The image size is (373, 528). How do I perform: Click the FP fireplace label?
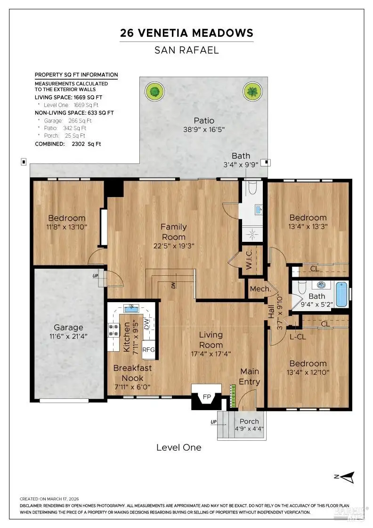pyautogui.click(x=207, y=396)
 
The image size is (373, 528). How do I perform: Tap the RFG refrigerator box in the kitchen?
pyautogui.click(x=148, y=349)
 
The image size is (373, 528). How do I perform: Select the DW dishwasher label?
pyautogui.click(x=146, y=324)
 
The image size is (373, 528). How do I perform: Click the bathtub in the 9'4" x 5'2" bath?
pyautogui.click(x=341, y=295)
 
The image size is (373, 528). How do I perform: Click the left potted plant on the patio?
pyautogui.click(x=155, y=91)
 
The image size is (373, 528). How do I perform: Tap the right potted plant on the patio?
pyautogui.click(x=252, y=91)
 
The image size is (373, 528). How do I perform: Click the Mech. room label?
pyautogui.click(x=260, y=289)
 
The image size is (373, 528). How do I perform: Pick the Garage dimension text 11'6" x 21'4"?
pyautogui.click(x=68, y=336)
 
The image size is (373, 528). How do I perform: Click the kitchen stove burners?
pyautogui.click(x=114, y=330)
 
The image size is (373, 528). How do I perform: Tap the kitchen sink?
pyautogui.click(x=131, y=308)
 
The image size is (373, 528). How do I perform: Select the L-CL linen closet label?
pyautogui.click(x=298, y=337)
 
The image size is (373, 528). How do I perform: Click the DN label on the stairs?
pyautogui.click(x=174, y=285)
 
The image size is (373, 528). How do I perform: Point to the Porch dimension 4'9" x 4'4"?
pyautogui.click(x=249, y=429)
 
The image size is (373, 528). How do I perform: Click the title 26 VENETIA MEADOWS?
pyautogui.click(x=186, y=33)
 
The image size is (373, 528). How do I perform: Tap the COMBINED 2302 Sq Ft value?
pyautogui.click(x=87, y=144)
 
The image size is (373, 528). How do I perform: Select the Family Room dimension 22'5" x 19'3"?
pyautogui.click(x=174, y=246)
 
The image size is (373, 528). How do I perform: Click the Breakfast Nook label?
pyautogui.click(x=132, y=373)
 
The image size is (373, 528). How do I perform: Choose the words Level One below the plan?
pyautogui.click(x=179, y=447)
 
